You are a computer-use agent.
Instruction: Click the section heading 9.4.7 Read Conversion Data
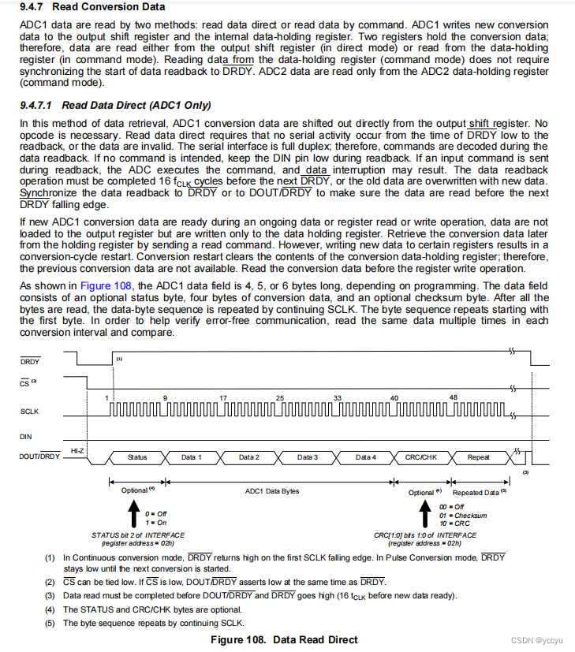pos(92,7)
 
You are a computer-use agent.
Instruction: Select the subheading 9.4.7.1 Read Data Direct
pos(115,105)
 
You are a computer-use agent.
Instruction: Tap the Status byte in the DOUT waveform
pos(137,457)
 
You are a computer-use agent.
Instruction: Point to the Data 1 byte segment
pos(192,457)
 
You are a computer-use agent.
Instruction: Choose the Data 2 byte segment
pos(248,457)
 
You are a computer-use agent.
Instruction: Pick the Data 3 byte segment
pos(308,457)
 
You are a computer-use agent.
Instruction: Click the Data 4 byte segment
pos(365,457)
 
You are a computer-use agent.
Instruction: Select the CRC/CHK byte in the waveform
pos(422,457)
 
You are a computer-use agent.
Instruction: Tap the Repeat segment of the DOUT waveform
pos(478,457)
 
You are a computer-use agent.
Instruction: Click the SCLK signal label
pos(31,412)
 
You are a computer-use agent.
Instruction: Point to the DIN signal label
pos(26,436)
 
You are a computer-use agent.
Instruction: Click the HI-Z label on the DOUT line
pos(77,450)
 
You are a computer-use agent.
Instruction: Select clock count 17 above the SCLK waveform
pos(223,397)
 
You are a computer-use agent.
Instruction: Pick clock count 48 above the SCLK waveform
pos(453,397)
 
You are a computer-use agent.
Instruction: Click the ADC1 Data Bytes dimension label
pos(272,491)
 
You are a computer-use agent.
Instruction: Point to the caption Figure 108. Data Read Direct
pos(284,639)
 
